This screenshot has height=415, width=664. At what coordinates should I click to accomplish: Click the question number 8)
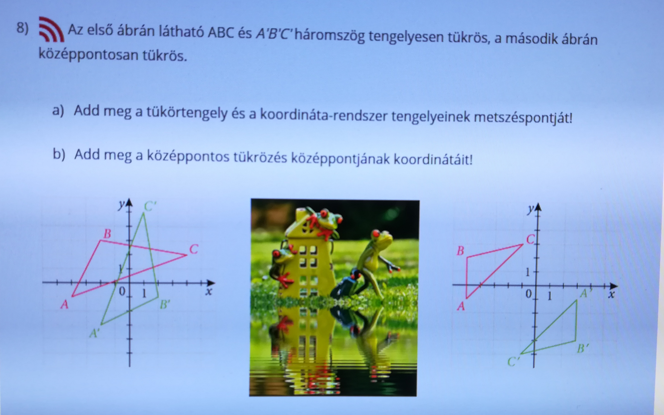coord(23,28)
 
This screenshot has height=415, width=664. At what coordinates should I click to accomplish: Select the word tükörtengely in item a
coord(187,113)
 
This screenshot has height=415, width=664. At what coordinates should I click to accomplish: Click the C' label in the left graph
coord(150,206)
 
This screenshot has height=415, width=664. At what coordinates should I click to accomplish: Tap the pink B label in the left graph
coord(107,234)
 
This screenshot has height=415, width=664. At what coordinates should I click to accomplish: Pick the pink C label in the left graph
coord(194,249)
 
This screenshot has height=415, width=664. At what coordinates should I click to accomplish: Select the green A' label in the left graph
coord(94,334)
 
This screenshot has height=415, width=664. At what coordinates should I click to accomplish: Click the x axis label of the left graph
coord(209,291)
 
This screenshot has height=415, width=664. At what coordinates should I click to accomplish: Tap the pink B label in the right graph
coord(460,251)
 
